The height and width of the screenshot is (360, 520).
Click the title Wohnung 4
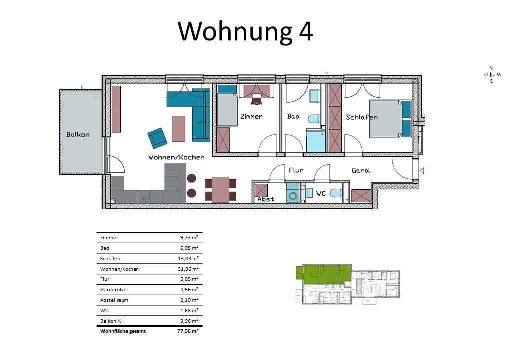(245, 31)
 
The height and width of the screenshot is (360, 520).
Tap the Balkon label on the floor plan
(78, 135)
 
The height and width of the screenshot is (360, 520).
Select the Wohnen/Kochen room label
(176, 157)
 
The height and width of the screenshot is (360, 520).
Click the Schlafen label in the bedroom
(362, 117)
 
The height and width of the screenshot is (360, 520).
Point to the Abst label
(266, 199)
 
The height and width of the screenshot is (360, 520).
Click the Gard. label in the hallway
(361, 170)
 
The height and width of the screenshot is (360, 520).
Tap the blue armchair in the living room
(157, 137)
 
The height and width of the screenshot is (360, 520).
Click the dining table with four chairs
(220, 189)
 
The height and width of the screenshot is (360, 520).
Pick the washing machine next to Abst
(293, 193)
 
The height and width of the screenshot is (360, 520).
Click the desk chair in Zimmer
(256, 100)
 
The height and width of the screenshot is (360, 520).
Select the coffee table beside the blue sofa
(178, 128)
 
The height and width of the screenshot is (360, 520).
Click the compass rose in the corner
(491, 74)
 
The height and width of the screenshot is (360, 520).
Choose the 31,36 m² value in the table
(189, 269)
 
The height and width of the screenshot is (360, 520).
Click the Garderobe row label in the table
(111, 290)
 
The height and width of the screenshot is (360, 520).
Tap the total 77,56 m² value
(188, 331)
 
